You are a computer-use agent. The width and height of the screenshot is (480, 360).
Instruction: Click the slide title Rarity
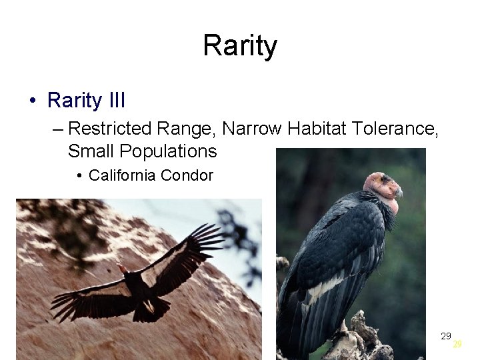239,46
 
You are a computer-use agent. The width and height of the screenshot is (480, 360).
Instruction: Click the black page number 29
446,336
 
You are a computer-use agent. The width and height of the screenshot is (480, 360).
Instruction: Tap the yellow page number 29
457,345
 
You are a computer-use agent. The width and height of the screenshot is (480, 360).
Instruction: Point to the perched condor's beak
399,193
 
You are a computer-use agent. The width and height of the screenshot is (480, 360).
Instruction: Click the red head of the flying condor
123,269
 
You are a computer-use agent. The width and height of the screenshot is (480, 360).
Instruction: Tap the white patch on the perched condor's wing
325,287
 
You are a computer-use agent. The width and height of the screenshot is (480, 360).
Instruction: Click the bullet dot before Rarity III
32,101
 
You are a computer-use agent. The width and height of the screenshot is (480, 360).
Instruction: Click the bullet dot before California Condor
79,176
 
